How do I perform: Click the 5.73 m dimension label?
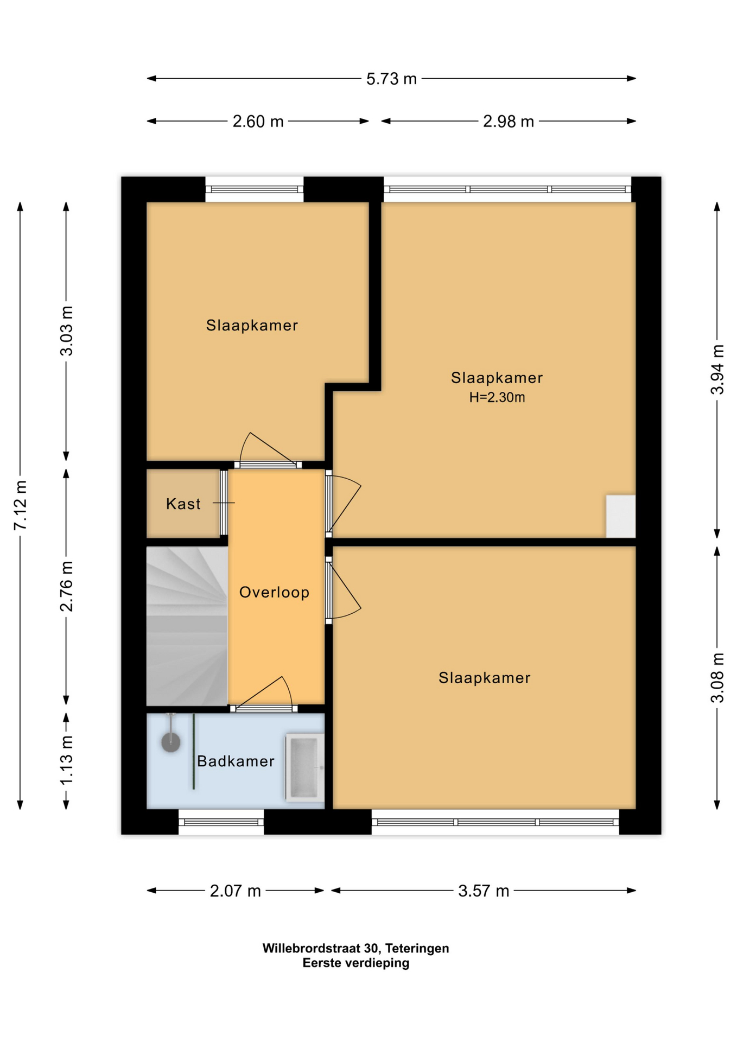coord(391,79)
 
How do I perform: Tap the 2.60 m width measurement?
coord(258,122)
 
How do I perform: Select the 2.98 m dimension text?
coord(508,122)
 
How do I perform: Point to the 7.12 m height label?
coord(20,505)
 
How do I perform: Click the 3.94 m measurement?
coord(717,370)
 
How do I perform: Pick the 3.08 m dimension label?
coord(717,677)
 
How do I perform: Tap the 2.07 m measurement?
coord(235,891)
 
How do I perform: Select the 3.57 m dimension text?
coord(483,891)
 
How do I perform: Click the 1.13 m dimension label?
coord(66,760)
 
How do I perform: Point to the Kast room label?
coord(183,504)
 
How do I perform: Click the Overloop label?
coord(274,592)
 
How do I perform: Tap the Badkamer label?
coord(236,761)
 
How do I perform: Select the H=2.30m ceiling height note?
coord(497,397)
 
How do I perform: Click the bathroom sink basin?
coord(304,767)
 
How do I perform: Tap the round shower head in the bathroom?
coord(171,742)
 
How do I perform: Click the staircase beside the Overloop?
coord(187,626)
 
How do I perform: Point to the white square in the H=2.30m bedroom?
coord(620,516)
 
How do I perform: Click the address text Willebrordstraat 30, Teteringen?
coord(355,948)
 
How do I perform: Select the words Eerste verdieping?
coord(355,963)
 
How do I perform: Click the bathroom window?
coord(221,822)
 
